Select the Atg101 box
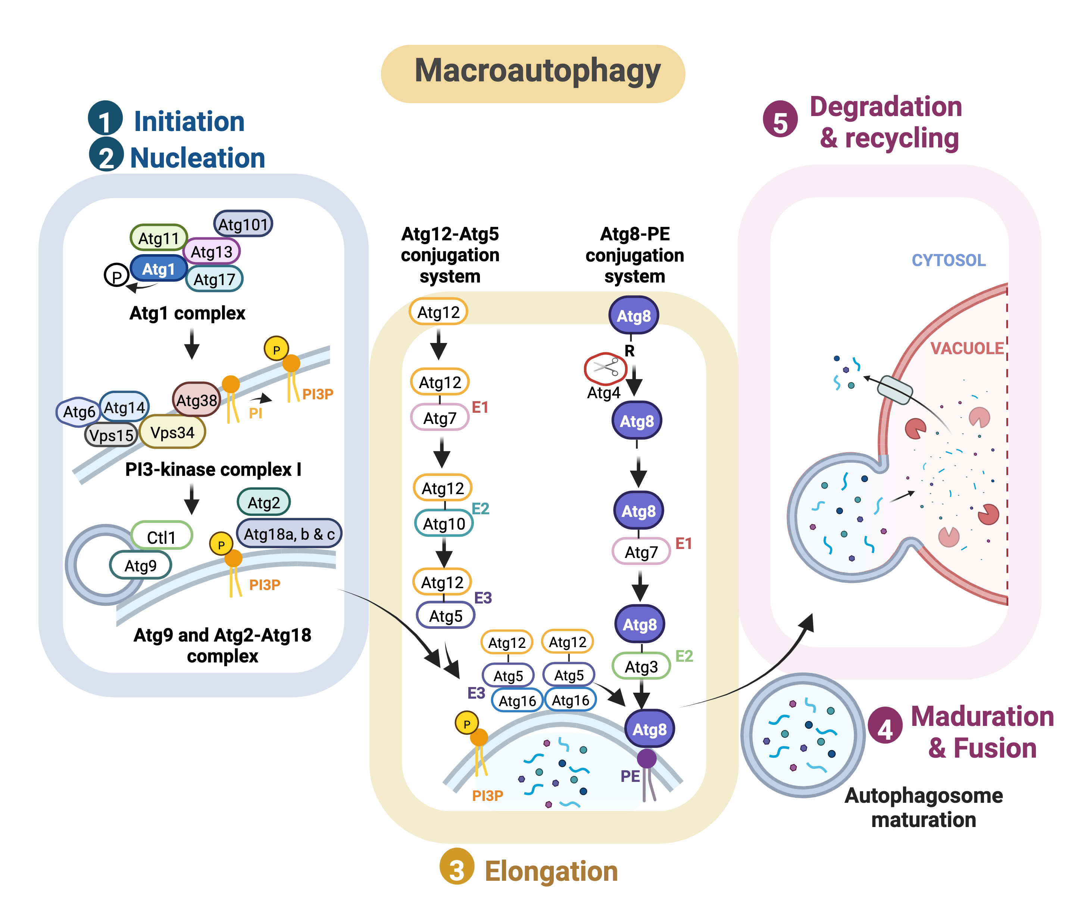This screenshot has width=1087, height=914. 243,224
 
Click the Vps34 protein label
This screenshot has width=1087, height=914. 172,432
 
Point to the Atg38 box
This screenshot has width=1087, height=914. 196,400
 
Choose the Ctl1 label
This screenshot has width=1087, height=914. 162,537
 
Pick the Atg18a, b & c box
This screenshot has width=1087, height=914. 289,534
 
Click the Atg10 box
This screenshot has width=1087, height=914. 444,524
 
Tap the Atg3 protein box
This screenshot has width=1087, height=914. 641,666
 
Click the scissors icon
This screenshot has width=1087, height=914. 606,368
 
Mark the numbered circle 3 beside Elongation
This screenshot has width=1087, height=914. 456,870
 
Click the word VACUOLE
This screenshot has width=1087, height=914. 967,348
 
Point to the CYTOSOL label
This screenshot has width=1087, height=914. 948,260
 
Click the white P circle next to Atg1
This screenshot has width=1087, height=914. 116,276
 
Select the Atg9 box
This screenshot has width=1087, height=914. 140,565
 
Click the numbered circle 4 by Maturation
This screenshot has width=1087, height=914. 885,729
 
